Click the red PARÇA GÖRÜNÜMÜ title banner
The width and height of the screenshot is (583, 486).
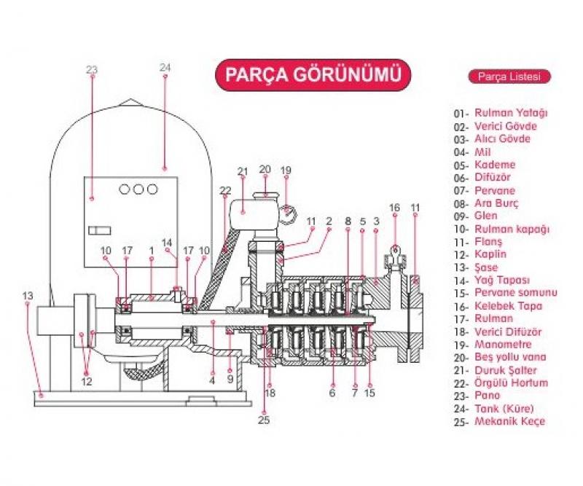(313, 76)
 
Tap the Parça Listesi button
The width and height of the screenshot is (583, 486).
(507, 77)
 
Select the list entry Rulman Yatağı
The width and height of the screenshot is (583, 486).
(511, 113)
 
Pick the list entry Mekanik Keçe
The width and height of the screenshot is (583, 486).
(509, 421)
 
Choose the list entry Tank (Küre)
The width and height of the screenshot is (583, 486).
(504, 408)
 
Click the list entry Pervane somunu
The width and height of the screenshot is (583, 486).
(515, 293)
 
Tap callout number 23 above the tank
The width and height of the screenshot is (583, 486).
(91, 69)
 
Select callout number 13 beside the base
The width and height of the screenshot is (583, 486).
(28, 295)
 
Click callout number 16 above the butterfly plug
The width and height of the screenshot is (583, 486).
(394, 207)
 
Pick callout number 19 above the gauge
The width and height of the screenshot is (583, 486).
(286, 170)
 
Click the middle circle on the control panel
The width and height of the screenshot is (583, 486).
(138, 189)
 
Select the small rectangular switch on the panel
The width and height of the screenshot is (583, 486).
(98, 230)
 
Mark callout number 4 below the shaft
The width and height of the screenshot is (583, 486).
(212, 380)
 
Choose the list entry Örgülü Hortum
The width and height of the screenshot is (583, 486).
(511, 383)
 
